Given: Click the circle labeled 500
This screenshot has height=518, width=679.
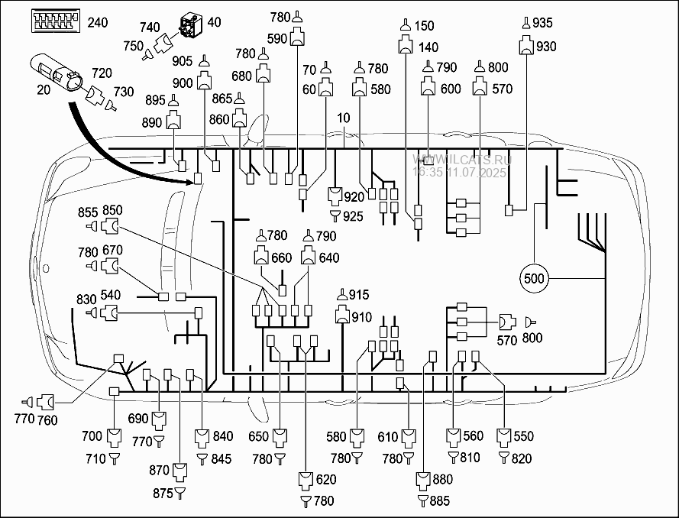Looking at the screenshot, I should [535, 278].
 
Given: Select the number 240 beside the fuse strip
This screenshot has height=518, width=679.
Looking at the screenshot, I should [98, 22].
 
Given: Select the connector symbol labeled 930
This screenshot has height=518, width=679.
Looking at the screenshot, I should [526, 47].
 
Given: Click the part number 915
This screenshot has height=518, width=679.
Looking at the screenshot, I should [359, 295].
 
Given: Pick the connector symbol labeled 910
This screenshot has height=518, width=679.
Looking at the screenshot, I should [341, 316].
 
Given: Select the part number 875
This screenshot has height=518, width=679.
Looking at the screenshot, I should [162, 494].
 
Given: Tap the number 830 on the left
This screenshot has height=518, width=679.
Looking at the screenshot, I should [87, 298].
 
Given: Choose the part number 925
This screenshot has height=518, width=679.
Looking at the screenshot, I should [353, 218].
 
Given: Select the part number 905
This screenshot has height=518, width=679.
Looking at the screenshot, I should [183, 62].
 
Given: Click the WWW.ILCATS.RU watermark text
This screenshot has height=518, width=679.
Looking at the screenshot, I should [461, 160].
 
